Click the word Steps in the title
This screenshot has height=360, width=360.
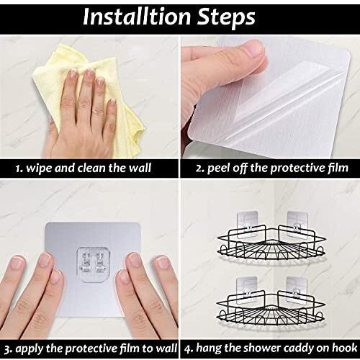[226, 18]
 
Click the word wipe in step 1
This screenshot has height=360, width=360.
[39, 168]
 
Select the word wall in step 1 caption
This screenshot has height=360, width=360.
[140, 168]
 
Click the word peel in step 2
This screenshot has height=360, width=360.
[219, 168]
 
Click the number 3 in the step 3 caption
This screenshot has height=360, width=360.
[7, 350]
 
